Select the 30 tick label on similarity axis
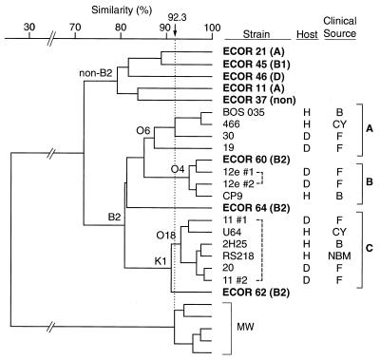28,27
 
